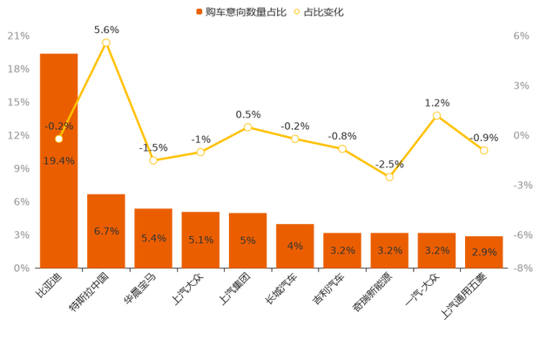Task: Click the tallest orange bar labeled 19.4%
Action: tap(58, 200)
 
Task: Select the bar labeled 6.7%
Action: tap(106, 230)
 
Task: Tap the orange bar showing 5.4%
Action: tap(153, 237)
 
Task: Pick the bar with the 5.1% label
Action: tap(200, 239)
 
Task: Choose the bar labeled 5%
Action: tap(247, 240)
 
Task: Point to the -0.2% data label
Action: tap(58, 126)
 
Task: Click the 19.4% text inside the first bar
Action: tap(58, 161)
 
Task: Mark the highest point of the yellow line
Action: tap(106, 42)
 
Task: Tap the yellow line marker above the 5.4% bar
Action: tap(153, 160)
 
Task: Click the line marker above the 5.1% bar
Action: tap(200, 153)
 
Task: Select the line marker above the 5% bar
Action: tap(248, 127)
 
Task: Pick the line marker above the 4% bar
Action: tap(295, 139)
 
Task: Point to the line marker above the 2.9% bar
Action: tap(483, 151)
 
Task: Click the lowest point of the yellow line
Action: tap(390, 177)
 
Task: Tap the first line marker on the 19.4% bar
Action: tap(58, 139)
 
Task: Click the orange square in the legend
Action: tap(199, 12)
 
